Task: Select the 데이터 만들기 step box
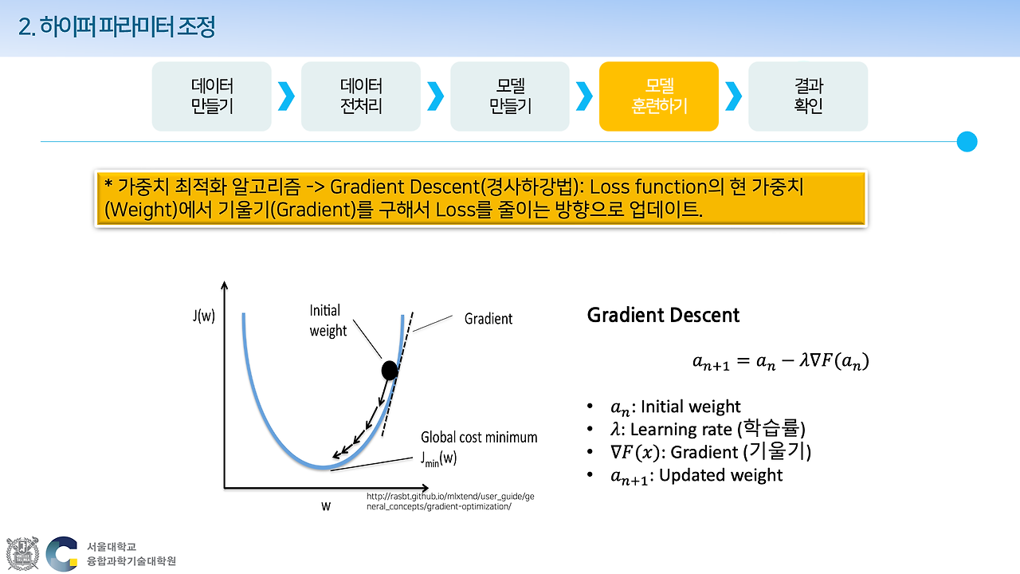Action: (x=211, y=96)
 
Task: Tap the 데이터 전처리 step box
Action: (x=360, y=96)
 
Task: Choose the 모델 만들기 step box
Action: (x=509, y=96)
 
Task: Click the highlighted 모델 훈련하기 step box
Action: (x=658, y=96)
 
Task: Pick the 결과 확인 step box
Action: (x=807, y=96)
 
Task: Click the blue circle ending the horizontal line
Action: (x=967, y=142)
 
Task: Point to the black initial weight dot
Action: (x=389, y=370)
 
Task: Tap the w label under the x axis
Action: (x=326, y=505)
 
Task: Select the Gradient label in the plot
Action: (x=488, y=319)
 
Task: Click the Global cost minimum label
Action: (x=479, y=438)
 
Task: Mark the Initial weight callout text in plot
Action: (x=328, y=320)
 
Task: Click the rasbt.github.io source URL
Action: (x=450, y=501)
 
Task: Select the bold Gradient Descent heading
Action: (x=663, y=316)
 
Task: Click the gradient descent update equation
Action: (x=780, y=362)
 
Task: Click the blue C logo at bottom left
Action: (x=62, y=553)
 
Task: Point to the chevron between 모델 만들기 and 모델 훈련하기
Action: (x=584, y=96)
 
